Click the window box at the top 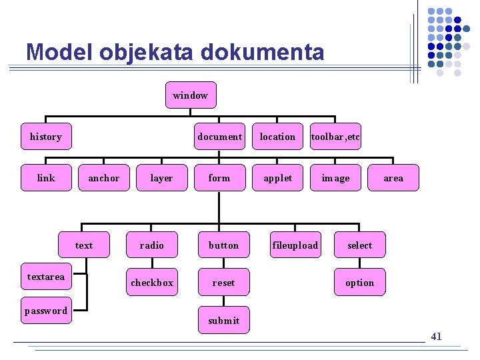click(x=190, y=95)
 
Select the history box click(x=45, y=137)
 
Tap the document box click(x=219, y=137)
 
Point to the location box click(x=277, y=137)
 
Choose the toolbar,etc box click(x=335, y=137)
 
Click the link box click(x=46, y=178)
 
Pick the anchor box click(x=104, y=178)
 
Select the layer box click(x=161, y=178)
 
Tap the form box click(x=219, y=178)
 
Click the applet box click(x=277, y=178)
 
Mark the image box click(x=335, y=178)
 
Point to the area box click(x=393, y=178)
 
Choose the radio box click(x=152, y=245)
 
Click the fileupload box click(x=295, y=245)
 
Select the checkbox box click(x=152, y=283)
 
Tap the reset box click(x=223, y=283)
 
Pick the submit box click(x=223, y=321)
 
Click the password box click(x=46, y=311)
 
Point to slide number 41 click(x=436, y=337)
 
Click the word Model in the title click(x=56, y=51)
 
